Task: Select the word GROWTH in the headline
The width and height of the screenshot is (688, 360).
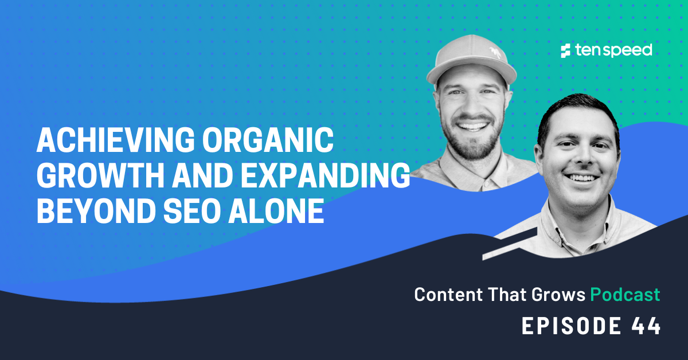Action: coord(89,177)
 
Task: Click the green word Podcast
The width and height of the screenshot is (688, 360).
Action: coord(625,295)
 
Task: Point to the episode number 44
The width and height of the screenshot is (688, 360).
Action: coord(646,326)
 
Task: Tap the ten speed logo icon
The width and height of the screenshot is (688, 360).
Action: coord(566,50)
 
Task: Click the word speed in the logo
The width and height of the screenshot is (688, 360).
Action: coord(627,50)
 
